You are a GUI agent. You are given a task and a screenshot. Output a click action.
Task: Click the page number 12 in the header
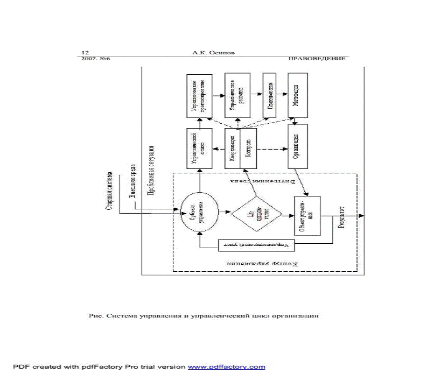(85, 53)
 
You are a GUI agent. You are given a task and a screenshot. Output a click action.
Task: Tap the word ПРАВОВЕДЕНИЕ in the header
(317, 59)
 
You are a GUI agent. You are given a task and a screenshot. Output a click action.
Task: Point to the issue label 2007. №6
(96, 59)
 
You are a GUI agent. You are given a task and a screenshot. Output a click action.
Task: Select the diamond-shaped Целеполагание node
(256, 213)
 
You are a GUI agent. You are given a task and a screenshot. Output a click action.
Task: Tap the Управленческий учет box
(256, 246)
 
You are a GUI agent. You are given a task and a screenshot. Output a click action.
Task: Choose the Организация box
(297, 146)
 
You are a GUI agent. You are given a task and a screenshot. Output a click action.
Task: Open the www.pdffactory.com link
(226, 367)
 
